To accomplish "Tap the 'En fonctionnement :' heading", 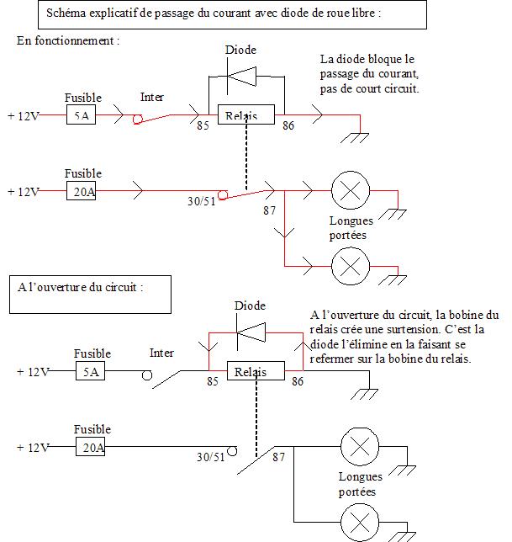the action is pos(68,40).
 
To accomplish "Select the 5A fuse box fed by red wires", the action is pos(82,114).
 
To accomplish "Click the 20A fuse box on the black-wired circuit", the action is pos(91,447).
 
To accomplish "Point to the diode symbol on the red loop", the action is pos(251,332).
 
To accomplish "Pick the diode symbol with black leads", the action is pos(241,77).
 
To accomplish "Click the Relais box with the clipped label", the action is pos(246,114).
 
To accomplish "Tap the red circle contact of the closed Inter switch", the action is pos(137,120).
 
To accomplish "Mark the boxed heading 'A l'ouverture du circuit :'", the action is pos(80,287).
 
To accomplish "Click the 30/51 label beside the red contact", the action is pos(201,201).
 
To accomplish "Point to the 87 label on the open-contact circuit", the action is pos(278,457).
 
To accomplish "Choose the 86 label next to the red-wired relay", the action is pos(288,125).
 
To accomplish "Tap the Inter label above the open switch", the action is pos(161,353).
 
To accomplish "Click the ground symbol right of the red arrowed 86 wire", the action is pos(355,138).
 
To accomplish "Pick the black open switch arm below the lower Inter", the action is pos(166,380).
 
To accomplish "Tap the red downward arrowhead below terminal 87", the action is pos(284,232).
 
